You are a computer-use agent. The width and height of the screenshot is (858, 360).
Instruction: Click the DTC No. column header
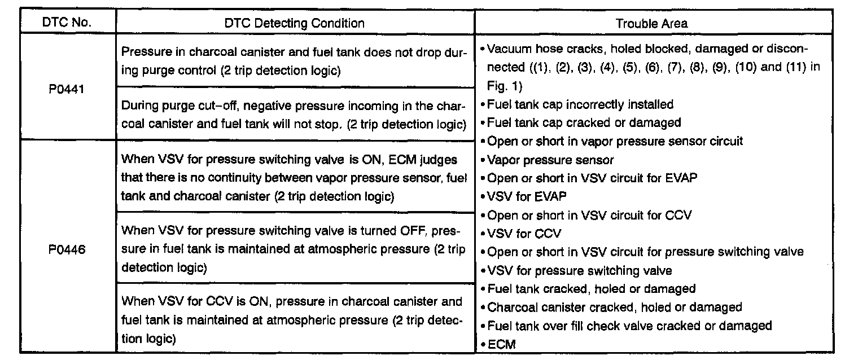click(67, 23)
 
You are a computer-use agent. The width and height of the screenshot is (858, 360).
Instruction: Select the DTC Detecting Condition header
click(295, 23)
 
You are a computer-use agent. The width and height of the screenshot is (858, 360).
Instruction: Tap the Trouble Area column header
click(651, 23)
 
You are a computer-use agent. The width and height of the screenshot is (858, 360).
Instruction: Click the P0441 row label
click(67, 87)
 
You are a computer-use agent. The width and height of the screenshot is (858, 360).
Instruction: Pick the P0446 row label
click(67, 249)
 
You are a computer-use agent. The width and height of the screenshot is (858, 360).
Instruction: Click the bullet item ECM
click(501, 344)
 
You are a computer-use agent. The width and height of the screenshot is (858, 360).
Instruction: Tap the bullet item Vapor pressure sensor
click(550, 160)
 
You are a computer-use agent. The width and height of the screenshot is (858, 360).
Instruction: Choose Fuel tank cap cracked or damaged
click(584, 122)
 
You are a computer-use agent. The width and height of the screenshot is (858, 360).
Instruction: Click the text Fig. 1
click(505, 86)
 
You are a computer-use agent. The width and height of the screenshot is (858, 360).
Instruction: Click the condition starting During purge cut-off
click(294, 115)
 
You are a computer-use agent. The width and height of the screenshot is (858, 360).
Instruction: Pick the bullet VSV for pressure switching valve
click(579, 270)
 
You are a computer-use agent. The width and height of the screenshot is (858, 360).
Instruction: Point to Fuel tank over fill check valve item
click(629, 326)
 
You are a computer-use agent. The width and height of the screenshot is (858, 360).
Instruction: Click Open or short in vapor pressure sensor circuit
click(615, 141)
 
